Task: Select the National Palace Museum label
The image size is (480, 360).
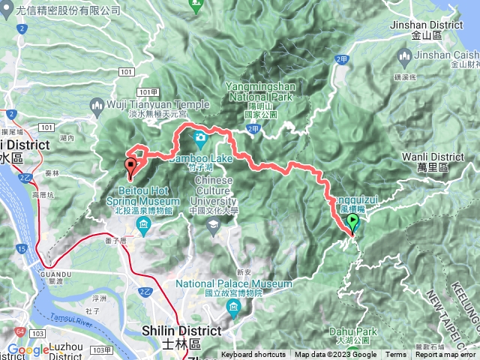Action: pyautogui.click(x=234, y=284)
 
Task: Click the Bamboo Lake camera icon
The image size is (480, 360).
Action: pyautogui.click(x=200, y=137)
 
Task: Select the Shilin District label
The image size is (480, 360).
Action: pyautogui.click(x=190, y=331)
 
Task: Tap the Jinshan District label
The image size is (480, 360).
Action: pyautogui.click(x=437, y=25)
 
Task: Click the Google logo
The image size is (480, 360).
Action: pyautogui.click(x=28, y=349)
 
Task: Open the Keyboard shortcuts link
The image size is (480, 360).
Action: pyautogui.click(x=253, y=355)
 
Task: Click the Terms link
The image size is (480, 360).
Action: pyautogui.click(x=396, y=355)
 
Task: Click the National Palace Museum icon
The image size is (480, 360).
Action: pyautogui.click(x=234, y=307)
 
